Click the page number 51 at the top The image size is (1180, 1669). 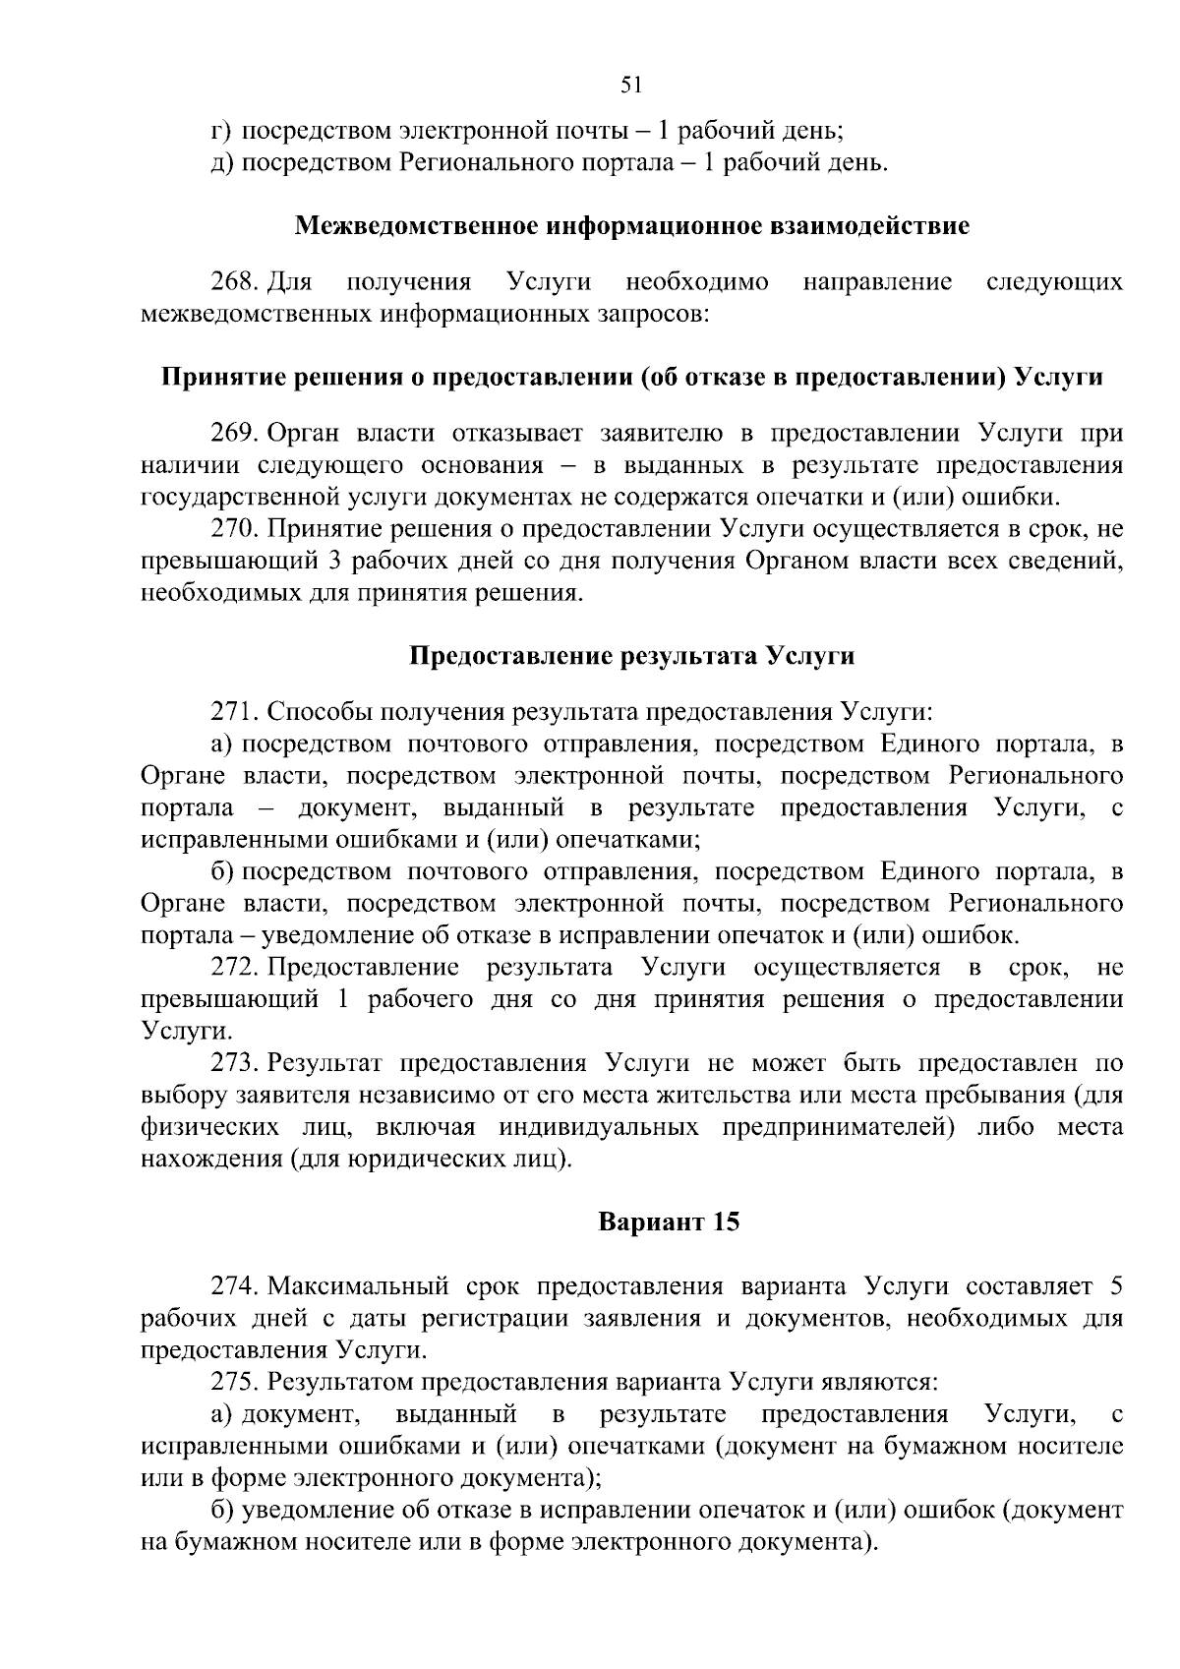[x=631, y=85]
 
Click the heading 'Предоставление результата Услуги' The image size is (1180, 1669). [x=631, y=656]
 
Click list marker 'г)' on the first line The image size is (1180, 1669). [x=221, y=130]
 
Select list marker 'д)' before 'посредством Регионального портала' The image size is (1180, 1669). [x=221, y=161]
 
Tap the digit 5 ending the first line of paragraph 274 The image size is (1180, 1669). [x=1115, y=1286]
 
